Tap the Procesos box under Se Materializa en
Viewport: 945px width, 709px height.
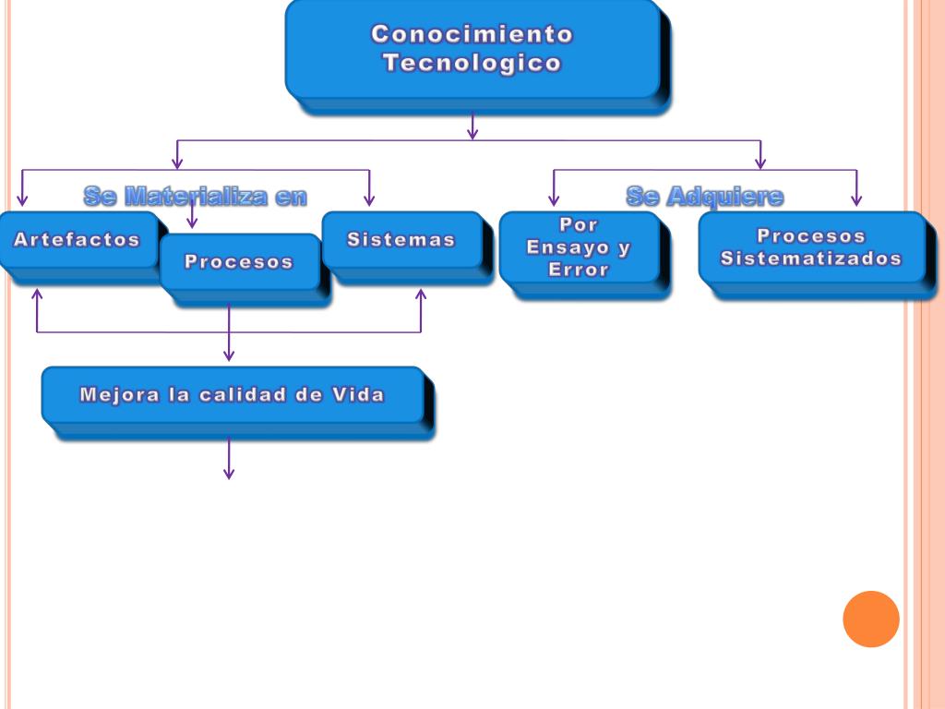click(x=239, y=262)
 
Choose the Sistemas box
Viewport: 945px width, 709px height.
click(x=401, y=240)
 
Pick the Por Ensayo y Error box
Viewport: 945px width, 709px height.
click(x=579, y=247)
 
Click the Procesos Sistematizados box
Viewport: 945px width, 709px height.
click(x=811, y=247)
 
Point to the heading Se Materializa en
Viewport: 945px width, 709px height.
click(x=195, y=196)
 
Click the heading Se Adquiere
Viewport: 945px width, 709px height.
click(x=704, y=196)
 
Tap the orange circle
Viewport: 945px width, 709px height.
click(x=870, y=619)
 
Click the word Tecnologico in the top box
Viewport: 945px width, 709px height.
click(x=472, y=64)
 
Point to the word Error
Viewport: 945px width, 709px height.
click(x=579, y=270)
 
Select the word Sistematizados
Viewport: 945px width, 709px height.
click(x=811, y=258)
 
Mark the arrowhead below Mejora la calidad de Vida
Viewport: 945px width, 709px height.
click(x=229, y=474)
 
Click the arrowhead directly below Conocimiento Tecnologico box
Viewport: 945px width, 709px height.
click(x=472, y=134)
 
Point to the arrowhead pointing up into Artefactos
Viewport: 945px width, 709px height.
click(x=37, y=294)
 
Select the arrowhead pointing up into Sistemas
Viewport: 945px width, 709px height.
click(x=421, y=294)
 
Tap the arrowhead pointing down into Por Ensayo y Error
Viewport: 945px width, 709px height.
click(x=554, y=199)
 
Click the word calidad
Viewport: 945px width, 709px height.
click(x=252, y=395)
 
